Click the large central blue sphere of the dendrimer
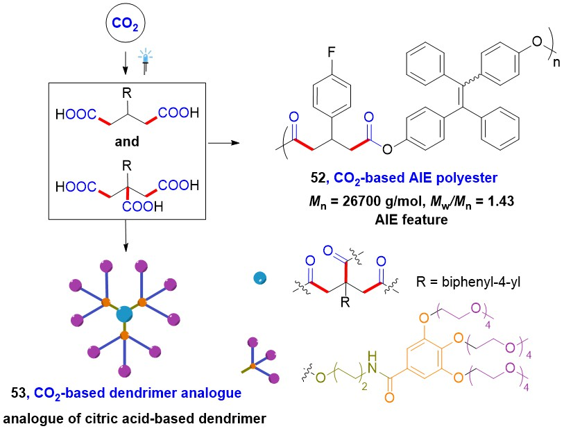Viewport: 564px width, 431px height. coord(125,314)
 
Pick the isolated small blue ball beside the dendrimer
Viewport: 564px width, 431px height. coord(259,278)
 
